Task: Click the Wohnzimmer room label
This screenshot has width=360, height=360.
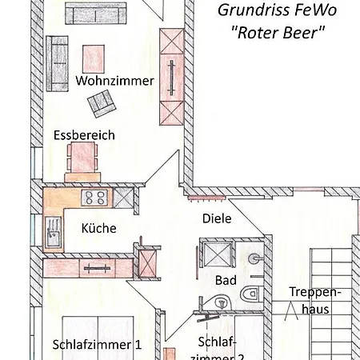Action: (x=114, y=81)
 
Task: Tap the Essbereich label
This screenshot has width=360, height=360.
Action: (x=84, y=135)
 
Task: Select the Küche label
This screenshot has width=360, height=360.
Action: (x=98, y=228)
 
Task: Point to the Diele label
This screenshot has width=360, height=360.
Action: (x=217, y=218)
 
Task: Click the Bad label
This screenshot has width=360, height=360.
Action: (x=226, y=280)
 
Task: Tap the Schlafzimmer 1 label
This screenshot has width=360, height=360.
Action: (x=97, y=345)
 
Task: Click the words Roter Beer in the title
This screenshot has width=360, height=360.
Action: (x=278, y=33)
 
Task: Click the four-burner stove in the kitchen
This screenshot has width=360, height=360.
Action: (x=94, y=198)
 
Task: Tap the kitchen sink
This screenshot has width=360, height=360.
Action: (x=53, y=232)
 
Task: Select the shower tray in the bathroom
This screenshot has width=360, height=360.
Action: (x=218, y=254)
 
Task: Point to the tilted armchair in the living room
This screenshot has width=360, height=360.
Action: (x=102, y=103)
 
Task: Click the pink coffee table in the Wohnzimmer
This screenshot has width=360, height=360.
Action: (x=94, y=59)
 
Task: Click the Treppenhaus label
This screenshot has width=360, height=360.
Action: (x=315, y=301)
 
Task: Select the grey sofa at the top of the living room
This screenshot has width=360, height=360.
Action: (x=96, y=14)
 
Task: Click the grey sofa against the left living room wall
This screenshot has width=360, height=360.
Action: (x=58, y=63)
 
